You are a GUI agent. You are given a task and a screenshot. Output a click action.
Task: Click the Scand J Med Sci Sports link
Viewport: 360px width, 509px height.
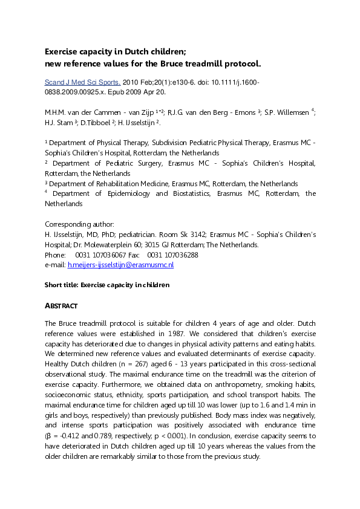(x=83, y=82)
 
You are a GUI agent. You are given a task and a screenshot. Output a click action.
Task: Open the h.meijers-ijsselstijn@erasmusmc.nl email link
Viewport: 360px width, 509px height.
(x=120, y=265)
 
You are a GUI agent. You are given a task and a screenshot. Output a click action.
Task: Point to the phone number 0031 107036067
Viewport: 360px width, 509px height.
(x=101, y=255)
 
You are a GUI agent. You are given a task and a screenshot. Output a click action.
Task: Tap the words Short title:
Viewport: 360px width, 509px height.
(x=62, y=284)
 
